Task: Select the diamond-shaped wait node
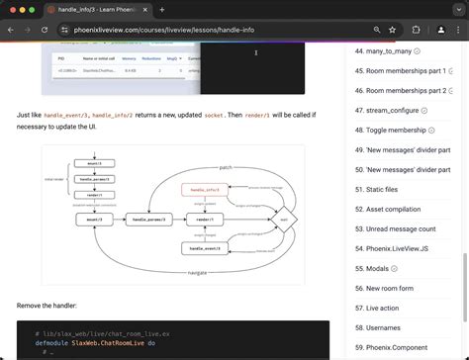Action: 284,219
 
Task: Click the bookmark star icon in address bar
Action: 392,31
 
